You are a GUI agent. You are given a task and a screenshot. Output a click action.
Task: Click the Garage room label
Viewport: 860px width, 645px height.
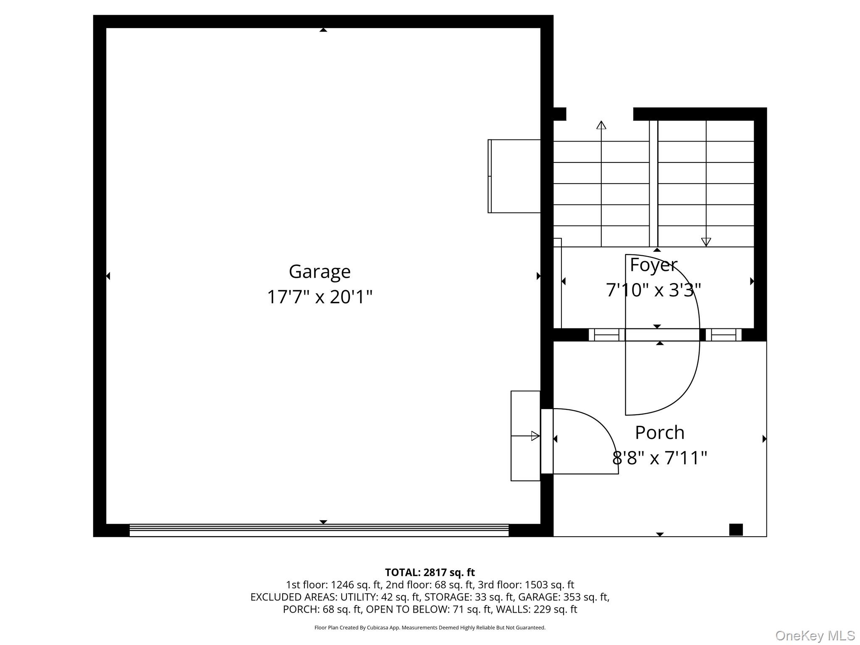tap(320, 272)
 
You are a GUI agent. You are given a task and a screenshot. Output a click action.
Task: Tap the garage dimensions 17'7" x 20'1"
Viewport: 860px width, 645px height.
tap(320, 297)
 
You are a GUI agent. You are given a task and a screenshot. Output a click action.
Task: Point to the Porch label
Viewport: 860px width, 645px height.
tap(660, 433)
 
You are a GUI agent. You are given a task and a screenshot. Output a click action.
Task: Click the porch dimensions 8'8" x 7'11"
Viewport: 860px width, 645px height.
tap(660, 458)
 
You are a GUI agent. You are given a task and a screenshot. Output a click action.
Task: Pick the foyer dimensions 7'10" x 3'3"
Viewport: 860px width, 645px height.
tap(653, 290)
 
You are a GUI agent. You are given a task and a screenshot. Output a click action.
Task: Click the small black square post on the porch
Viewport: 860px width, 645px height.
tap(736, 530)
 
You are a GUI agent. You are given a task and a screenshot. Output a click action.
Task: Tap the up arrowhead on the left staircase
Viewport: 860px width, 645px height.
tap(601, 125)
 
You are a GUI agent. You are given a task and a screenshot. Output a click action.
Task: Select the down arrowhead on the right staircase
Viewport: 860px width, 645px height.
tap(706, 242)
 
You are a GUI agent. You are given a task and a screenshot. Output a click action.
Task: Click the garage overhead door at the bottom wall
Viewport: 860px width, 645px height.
tap(319, 530)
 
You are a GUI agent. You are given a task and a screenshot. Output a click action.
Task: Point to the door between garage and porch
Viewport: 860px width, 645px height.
tap(547, 441)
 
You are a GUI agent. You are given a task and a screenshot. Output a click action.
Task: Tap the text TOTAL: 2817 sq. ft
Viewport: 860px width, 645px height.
tap(430, 572)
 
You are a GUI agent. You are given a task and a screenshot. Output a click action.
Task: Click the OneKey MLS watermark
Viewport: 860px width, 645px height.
tap(815, 635)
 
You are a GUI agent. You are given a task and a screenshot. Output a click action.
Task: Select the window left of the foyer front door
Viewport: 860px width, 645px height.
tap(607, 335)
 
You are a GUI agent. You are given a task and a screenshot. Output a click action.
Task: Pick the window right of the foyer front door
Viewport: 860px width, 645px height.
tap(724, 335)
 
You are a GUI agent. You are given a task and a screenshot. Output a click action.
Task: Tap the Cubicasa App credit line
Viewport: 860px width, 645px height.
tap(430, 628)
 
